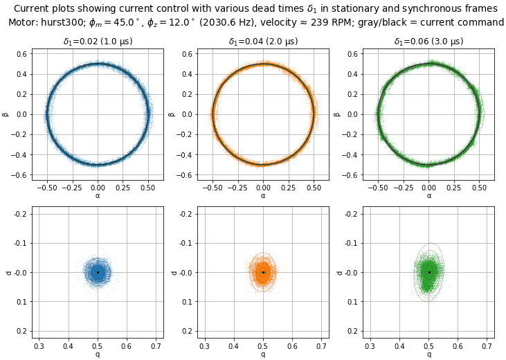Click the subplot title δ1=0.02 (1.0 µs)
[x=98, y=42]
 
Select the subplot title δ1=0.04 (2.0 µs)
[x=263, y=42]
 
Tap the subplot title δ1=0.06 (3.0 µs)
[x=429, y=42]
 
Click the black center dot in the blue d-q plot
[x=98, y=272]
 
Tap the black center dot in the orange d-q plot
[x=263, y=272]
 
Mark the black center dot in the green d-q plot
[x=429, y=272]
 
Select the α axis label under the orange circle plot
[x=263, y=196]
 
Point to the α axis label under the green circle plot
[x=429, y=196]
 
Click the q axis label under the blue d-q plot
[x=98, y=354]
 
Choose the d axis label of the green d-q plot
[x=338, y=273]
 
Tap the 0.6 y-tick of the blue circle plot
[x=22, y=53]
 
